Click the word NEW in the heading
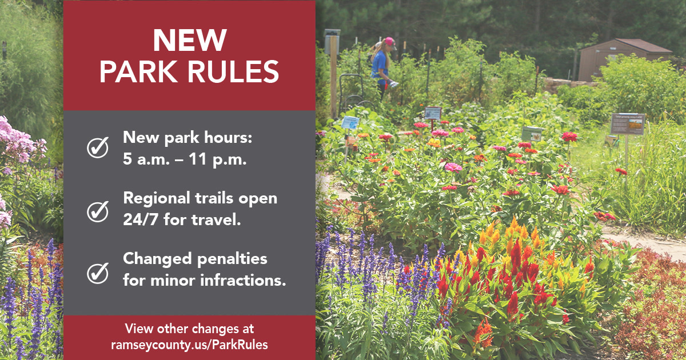(x=189, y=42)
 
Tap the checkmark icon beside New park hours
(x=97, y=149)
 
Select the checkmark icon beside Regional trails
(x=97, y=211)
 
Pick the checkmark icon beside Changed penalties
(x=97, y=273)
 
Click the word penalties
(x=233, y=259)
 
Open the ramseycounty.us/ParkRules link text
(x=189, y=345)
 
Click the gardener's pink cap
(x=390, y=42)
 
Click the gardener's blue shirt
(x=380, y=66)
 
